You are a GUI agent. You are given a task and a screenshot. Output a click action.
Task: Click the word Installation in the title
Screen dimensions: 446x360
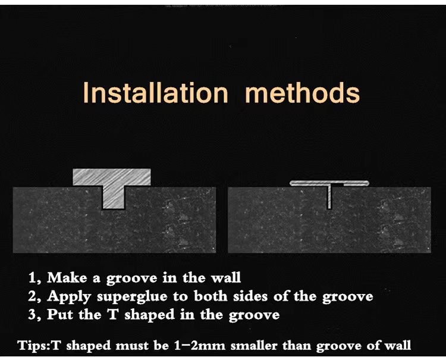(x=156, y=92)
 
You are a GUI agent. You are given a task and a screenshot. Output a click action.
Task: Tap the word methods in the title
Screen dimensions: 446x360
(x=302, y=92)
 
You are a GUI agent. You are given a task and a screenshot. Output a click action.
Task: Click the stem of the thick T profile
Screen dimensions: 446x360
(x=113, y=197)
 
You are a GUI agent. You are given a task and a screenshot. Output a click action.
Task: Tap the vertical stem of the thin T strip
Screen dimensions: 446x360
(x=329, y=196)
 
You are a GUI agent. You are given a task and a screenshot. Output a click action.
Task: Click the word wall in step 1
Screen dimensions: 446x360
(x=225, y=278)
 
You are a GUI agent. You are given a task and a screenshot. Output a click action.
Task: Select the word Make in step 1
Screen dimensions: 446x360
(x=67, y=278)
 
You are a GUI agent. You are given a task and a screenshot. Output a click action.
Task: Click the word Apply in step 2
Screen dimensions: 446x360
(x=69, y=297)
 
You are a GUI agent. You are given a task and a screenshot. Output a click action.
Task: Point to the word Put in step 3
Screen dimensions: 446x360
(x=59, y=314)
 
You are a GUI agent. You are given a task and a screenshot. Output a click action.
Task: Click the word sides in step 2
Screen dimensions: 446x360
(x=250, y=296)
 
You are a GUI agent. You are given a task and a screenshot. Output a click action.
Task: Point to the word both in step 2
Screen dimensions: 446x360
(x=211, y=296)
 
